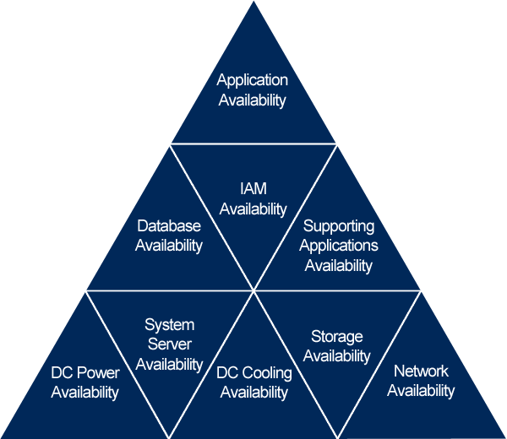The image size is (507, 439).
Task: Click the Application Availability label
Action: point(253,90)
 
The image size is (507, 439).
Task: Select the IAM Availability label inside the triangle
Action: point(253,198)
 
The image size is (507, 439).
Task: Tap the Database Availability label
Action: point(169,236)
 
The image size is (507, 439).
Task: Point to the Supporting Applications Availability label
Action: point(339,246)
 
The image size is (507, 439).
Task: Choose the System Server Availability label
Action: point(169,344)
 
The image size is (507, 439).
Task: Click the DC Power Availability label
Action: point(84,382)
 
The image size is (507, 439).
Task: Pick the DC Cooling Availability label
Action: point(253,382)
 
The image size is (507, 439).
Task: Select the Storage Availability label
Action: point(336,347)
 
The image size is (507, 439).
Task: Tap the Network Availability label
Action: point(421,381)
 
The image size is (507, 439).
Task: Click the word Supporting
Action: point(339,226)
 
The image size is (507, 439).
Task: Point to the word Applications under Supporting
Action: point(339,246)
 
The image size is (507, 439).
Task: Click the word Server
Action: point(169,344)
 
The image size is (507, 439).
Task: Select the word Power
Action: point(98,373)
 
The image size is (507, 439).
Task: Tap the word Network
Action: point(421,371)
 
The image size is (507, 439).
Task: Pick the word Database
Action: point(169,226)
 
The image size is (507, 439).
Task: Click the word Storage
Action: point(336,338)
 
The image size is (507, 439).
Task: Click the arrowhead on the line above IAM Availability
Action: point(336,144)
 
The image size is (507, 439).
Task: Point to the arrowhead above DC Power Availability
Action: point(84,291)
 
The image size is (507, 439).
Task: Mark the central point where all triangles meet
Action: point(253,291)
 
